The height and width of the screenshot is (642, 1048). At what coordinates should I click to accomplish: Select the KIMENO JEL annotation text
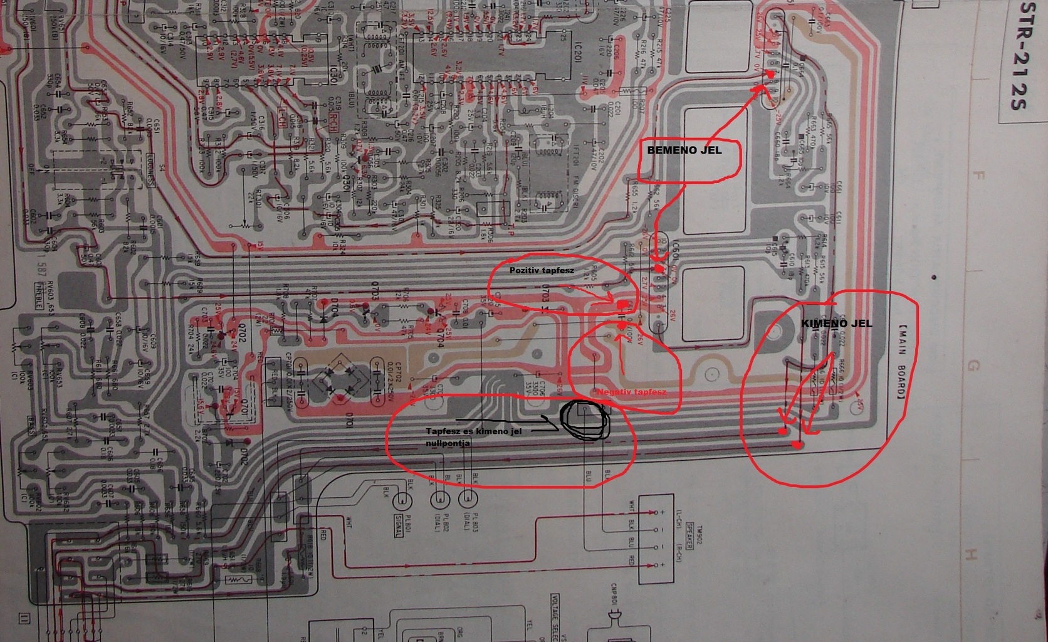[836, 324]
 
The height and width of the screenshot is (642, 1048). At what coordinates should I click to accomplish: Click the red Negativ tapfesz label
[631, 392]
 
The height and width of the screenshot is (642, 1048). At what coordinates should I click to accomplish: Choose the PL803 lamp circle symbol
[467, 500]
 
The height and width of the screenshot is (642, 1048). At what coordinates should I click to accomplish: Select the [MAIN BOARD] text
[901, 363]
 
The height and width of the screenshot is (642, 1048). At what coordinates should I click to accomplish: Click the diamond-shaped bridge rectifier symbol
[337, 379]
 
